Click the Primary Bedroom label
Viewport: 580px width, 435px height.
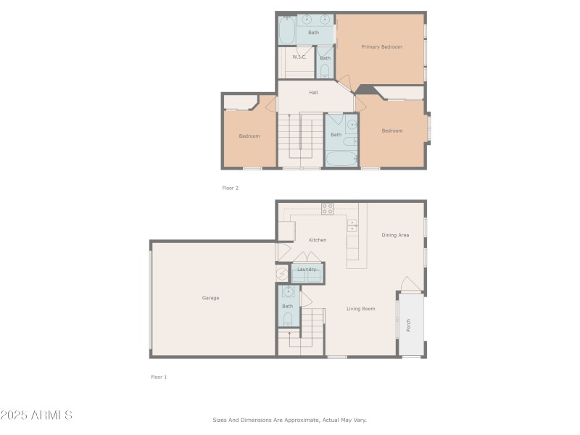[x=381, y=47]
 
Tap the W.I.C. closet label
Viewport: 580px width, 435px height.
[x=299, y=57]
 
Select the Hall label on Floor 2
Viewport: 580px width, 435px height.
[x=313, y=93]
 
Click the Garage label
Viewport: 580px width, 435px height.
[x=210, y=298]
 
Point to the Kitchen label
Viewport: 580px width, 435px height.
[x=318, y=240]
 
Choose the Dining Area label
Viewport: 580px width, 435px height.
[x=395, y=235]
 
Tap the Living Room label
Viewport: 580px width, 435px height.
[x=360, y=309]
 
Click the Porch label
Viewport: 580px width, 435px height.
[x=409, y=326]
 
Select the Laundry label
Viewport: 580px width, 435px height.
[x=307, y=269]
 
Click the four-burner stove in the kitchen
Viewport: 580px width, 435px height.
[x=327, y=209]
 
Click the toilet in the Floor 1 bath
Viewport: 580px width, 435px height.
[x=288, y=318]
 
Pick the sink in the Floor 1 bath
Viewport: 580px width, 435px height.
[x=288, y=293]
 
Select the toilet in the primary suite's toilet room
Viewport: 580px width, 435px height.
[x=325, y=70]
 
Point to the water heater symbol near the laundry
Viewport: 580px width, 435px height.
[x=282, y=273]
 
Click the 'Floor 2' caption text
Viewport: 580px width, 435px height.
[x=230, y=188]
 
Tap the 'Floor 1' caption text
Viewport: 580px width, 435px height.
[x=159, y=377]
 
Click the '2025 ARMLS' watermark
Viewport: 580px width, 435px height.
[x=36, y=415]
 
